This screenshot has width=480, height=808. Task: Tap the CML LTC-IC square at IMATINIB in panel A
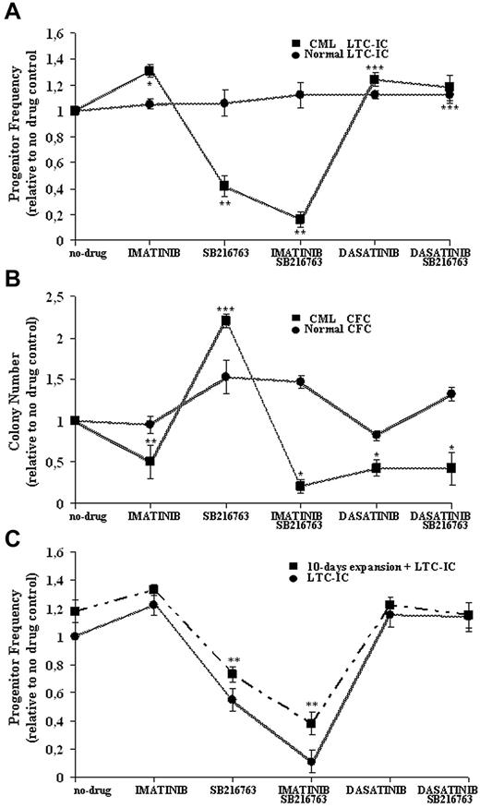(149, 70)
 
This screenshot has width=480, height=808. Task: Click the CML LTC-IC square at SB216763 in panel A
(224, 186)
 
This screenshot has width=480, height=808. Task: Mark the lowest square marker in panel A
(300, 220)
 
